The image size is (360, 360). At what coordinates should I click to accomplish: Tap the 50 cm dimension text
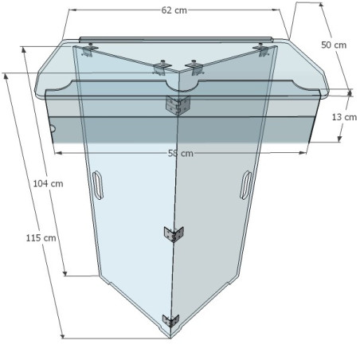click(x=334, y=45)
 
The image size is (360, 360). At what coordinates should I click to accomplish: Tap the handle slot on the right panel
click(x=246, y=184)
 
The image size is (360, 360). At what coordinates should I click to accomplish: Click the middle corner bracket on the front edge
click(x=173, y=234)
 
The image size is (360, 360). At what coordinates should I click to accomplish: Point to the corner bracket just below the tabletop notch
click(x=174, y=104)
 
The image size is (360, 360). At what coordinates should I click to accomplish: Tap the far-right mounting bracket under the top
click(x=260, y=49)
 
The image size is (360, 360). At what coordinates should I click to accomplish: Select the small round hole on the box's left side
click(x=52, y=128)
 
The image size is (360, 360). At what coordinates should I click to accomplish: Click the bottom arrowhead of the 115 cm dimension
click(x=61, y=335)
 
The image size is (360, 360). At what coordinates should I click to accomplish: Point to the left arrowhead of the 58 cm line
click(x=58, y=152)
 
